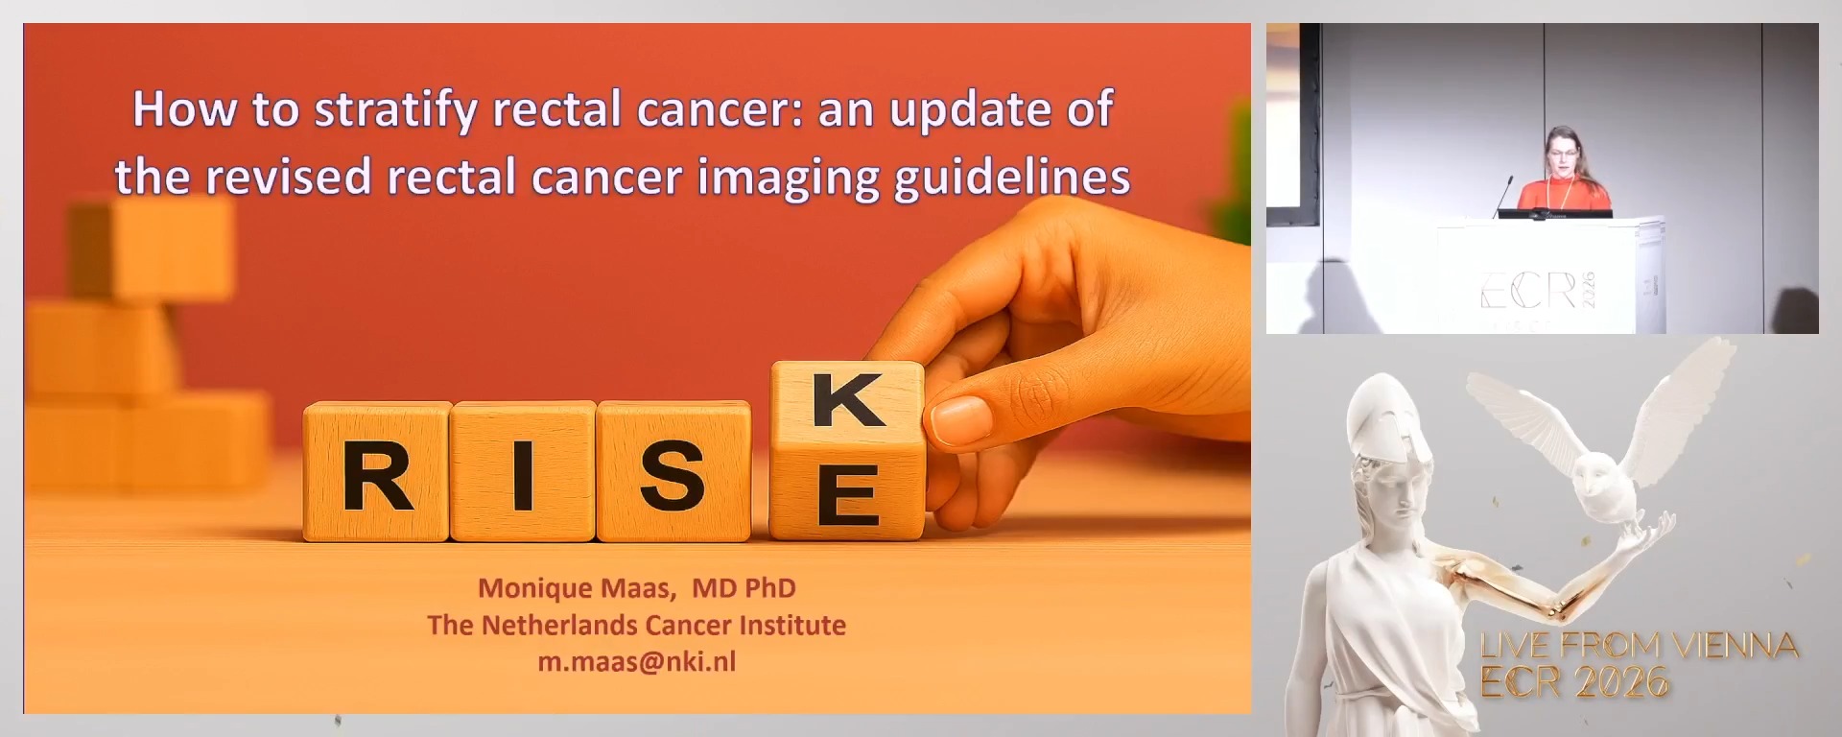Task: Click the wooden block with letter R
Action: coord(377,472)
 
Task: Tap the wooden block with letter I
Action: coord(523,472)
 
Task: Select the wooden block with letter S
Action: coord(673,472)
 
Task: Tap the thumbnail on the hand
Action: coord(960,418)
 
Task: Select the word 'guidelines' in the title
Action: coord(1012,178)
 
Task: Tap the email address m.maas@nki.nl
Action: coord(636,661)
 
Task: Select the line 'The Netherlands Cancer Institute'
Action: coord(636,625)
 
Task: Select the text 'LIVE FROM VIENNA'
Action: coord(1639,646)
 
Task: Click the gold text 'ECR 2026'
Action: coord(1574,682)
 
